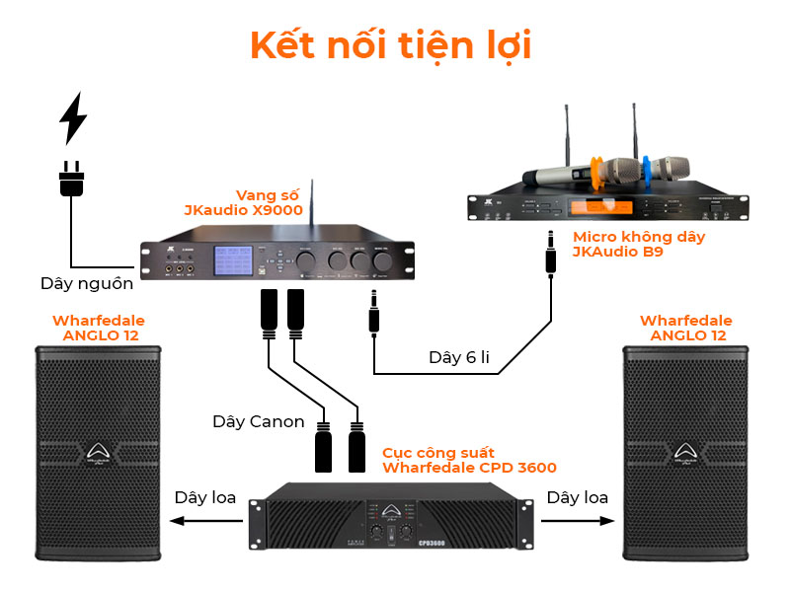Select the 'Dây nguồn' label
[x=87, y=282]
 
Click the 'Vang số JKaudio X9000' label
[x=243, y=202]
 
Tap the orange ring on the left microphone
[x=595, y=173]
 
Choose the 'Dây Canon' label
[x=259, y=421]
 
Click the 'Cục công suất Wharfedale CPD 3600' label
[x=469, y=459]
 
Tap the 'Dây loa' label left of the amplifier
[x=205, y=498]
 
